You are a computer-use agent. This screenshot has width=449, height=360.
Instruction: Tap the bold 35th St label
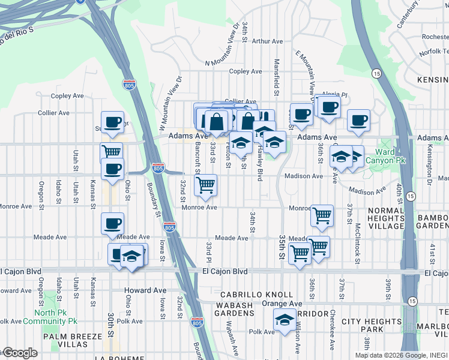(282, 247)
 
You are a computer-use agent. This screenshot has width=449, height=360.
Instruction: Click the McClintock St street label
(357, 237)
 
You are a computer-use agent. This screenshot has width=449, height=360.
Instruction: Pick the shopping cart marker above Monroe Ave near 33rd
(206, 185)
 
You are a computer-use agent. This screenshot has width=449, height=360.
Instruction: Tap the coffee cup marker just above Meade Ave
(112, 224)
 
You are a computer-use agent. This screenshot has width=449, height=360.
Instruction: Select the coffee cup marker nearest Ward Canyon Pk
(358, 120)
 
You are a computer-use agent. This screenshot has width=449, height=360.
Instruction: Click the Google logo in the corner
(19, 353)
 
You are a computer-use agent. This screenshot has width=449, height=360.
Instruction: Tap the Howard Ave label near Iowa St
(145, 290)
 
